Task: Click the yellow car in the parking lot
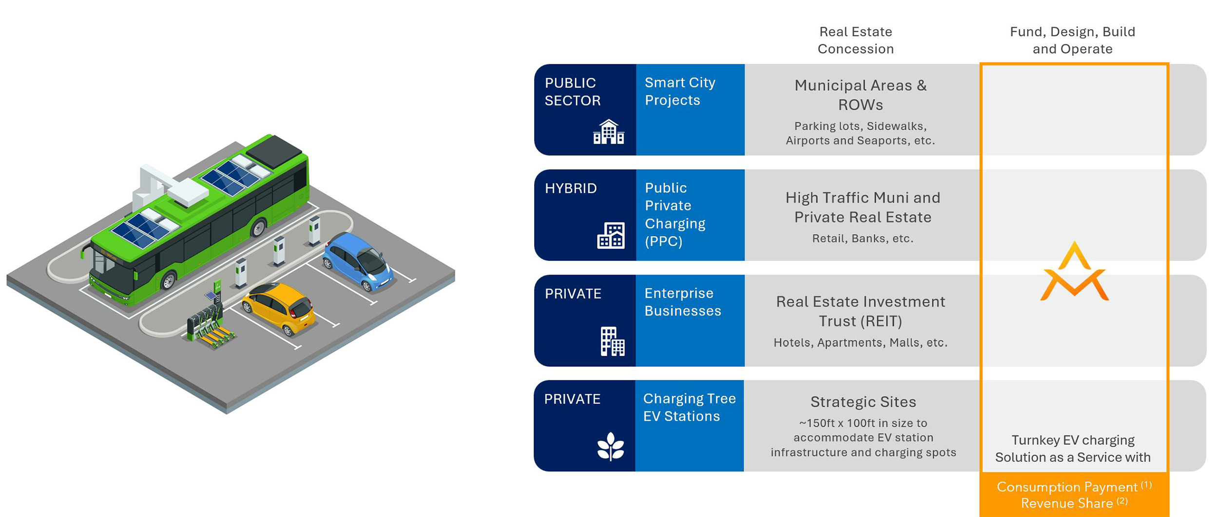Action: [x=279, y=307]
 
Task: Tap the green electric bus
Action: [x=200, y=219]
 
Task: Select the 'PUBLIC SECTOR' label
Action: [x=573, y=92]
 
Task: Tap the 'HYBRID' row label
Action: [x=571, y=188]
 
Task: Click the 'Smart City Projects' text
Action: [x=680, y=91]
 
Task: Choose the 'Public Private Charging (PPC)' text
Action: [x=675, y=215]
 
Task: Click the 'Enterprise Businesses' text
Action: [x=682, y=302]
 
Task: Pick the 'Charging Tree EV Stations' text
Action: [x=689, y=407]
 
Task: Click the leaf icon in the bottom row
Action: [x=610, y=446]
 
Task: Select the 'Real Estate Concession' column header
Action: [x=855, y=40]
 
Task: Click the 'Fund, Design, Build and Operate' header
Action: [x=1072, y=40]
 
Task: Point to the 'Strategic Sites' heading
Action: [x=863, y=402]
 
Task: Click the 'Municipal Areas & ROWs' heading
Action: [x=861, y=95]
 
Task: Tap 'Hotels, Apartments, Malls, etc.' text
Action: [x=861, y=342]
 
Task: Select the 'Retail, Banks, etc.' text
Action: [x=863, y=239]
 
